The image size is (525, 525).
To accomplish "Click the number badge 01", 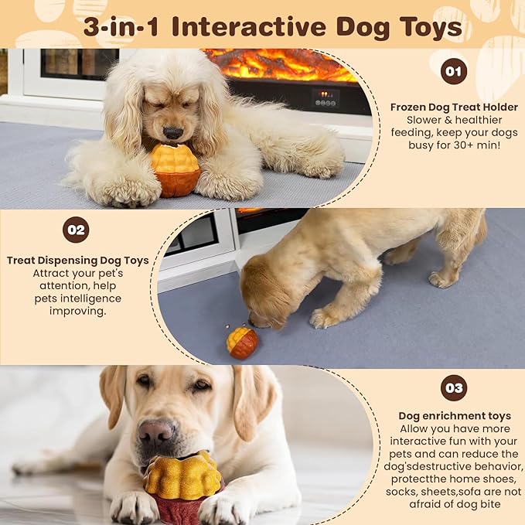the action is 454,71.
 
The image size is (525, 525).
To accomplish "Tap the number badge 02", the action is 76,230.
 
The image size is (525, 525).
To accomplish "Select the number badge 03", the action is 454,388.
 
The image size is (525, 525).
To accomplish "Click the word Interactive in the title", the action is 249,27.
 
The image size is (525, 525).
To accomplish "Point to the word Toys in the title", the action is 432,28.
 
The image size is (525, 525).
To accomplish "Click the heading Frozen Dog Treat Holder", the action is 454,107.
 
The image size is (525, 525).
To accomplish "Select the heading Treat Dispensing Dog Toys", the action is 77,261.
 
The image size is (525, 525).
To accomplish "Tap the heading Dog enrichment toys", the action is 455,416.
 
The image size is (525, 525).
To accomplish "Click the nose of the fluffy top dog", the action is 172,132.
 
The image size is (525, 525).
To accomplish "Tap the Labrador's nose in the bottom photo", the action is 156,431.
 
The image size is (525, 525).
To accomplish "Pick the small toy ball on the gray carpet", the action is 243,343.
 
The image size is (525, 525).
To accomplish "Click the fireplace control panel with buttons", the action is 326,98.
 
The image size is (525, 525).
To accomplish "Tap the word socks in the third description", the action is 400,492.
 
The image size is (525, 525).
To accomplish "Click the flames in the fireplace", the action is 281,64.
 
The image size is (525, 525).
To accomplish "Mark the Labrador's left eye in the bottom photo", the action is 203,385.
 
